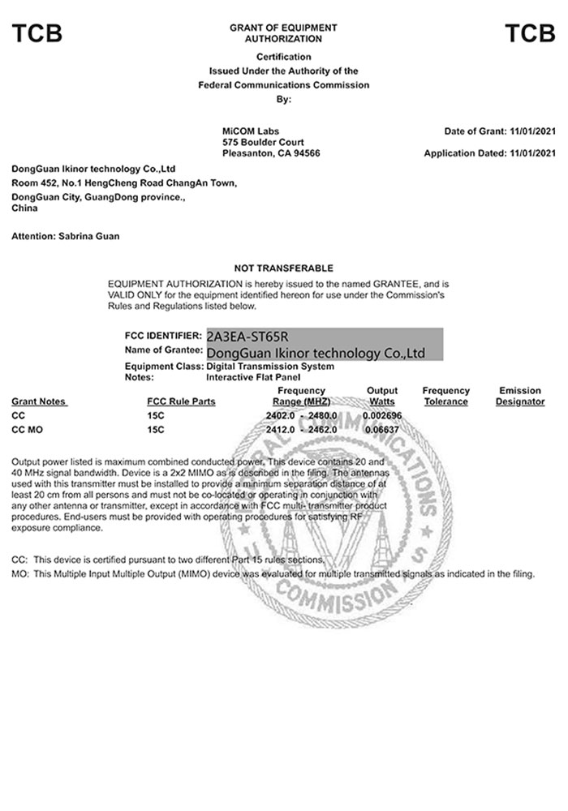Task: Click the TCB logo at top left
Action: pyautogui.click(x=37, y=33)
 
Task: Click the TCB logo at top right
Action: pyautogui.click(x=530, y=33)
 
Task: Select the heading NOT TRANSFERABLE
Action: pyautogui.click(x=284, y=268)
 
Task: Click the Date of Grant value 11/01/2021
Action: pyautogui.click(x=532, y=131)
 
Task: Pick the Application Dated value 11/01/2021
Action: pyautogui.click(x=532, y=153)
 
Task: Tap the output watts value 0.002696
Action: pyautogui.click(x=381, y=415)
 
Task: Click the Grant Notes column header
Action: pyautogui.click(x=39, y=401)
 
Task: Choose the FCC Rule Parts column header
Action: pyautogui.click(x=181, y=401)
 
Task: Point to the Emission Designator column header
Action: pyautogui.click(x=520, y=396)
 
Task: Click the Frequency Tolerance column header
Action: pyautogui.click(x=445, y=396)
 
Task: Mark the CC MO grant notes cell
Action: pyautogui.click(x=28, y=429)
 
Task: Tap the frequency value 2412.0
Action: pyautogui.click(x=280, y=429)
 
